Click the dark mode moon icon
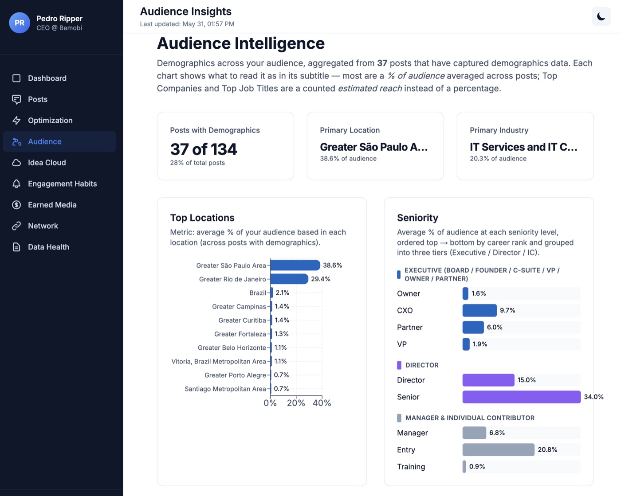601,16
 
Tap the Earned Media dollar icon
16,205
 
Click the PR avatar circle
20,23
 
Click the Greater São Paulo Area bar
295,266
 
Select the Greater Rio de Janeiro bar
290,279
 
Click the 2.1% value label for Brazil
283,293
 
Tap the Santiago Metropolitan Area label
225,389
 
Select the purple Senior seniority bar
522,397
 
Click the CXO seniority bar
480,310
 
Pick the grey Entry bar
499,449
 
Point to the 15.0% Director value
527,380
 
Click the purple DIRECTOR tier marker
399,365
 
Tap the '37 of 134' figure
204,149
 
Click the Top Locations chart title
202,218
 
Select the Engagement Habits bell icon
16,184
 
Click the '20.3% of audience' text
498,158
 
